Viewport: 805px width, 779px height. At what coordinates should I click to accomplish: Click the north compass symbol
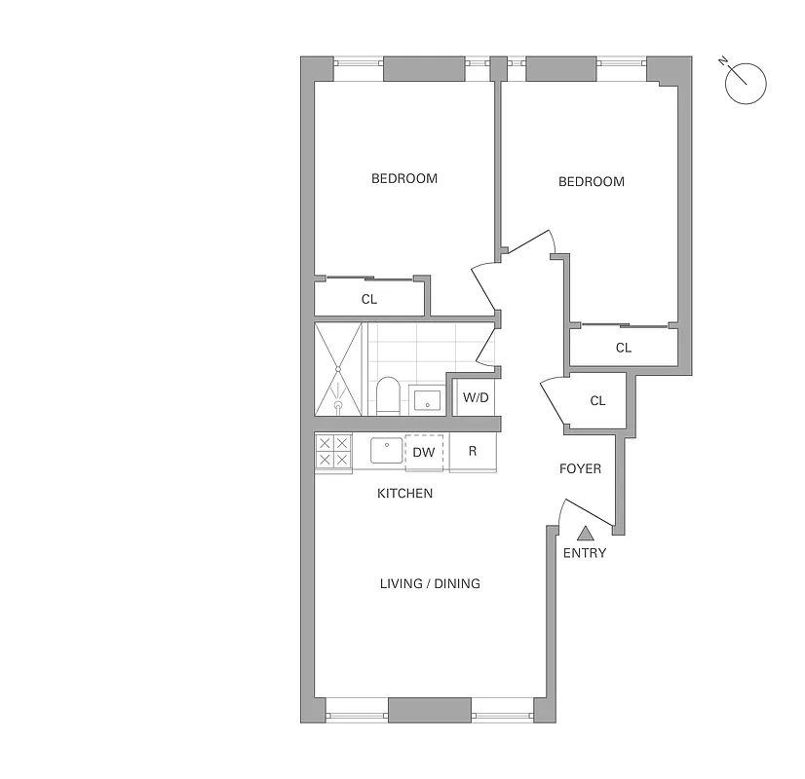tap(746, 82)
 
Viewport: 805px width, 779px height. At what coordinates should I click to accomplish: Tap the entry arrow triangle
tap(585, 533)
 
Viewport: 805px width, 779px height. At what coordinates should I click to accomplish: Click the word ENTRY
tap(585, 553)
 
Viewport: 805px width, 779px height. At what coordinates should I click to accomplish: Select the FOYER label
tap(580, 468)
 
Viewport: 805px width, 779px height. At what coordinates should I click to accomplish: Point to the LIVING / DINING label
tap(430, 583)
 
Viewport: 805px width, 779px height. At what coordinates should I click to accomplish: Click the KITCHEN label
tap(404, 494)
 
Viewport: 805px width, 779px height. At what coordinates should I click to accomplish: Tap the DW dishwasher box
tap(424, 452)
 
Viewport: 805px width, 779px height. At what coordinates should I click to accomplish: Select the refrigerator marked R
tap(473, 452)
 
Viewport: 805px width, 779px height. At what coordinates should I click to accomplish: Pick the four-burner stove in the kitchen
tap(333, 452)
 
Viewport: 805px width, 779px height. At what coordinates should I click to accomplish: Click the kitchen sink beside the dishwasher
tap(386, 452)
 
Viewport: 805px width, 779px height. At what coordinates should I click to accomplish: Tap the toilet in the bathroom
tap(388, 395)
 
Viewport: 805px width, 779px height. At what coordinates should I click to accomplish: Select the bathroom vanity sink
tap(428, 399)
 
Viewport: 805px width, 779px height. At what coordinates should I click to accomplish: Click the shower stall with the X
tap(337, 369)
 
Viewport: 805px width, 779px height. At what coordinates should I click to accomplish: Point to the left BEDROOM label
tap(404, 178)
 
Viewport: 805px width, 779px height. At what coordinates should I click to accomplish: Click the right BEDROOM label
tap(591, 181)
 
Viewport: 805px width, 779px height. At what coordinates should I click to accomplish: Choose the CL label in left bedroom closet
tap(368, 299)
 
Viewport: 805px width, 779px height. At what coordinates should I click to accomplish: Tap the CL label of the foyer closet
tap(597, 400)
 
